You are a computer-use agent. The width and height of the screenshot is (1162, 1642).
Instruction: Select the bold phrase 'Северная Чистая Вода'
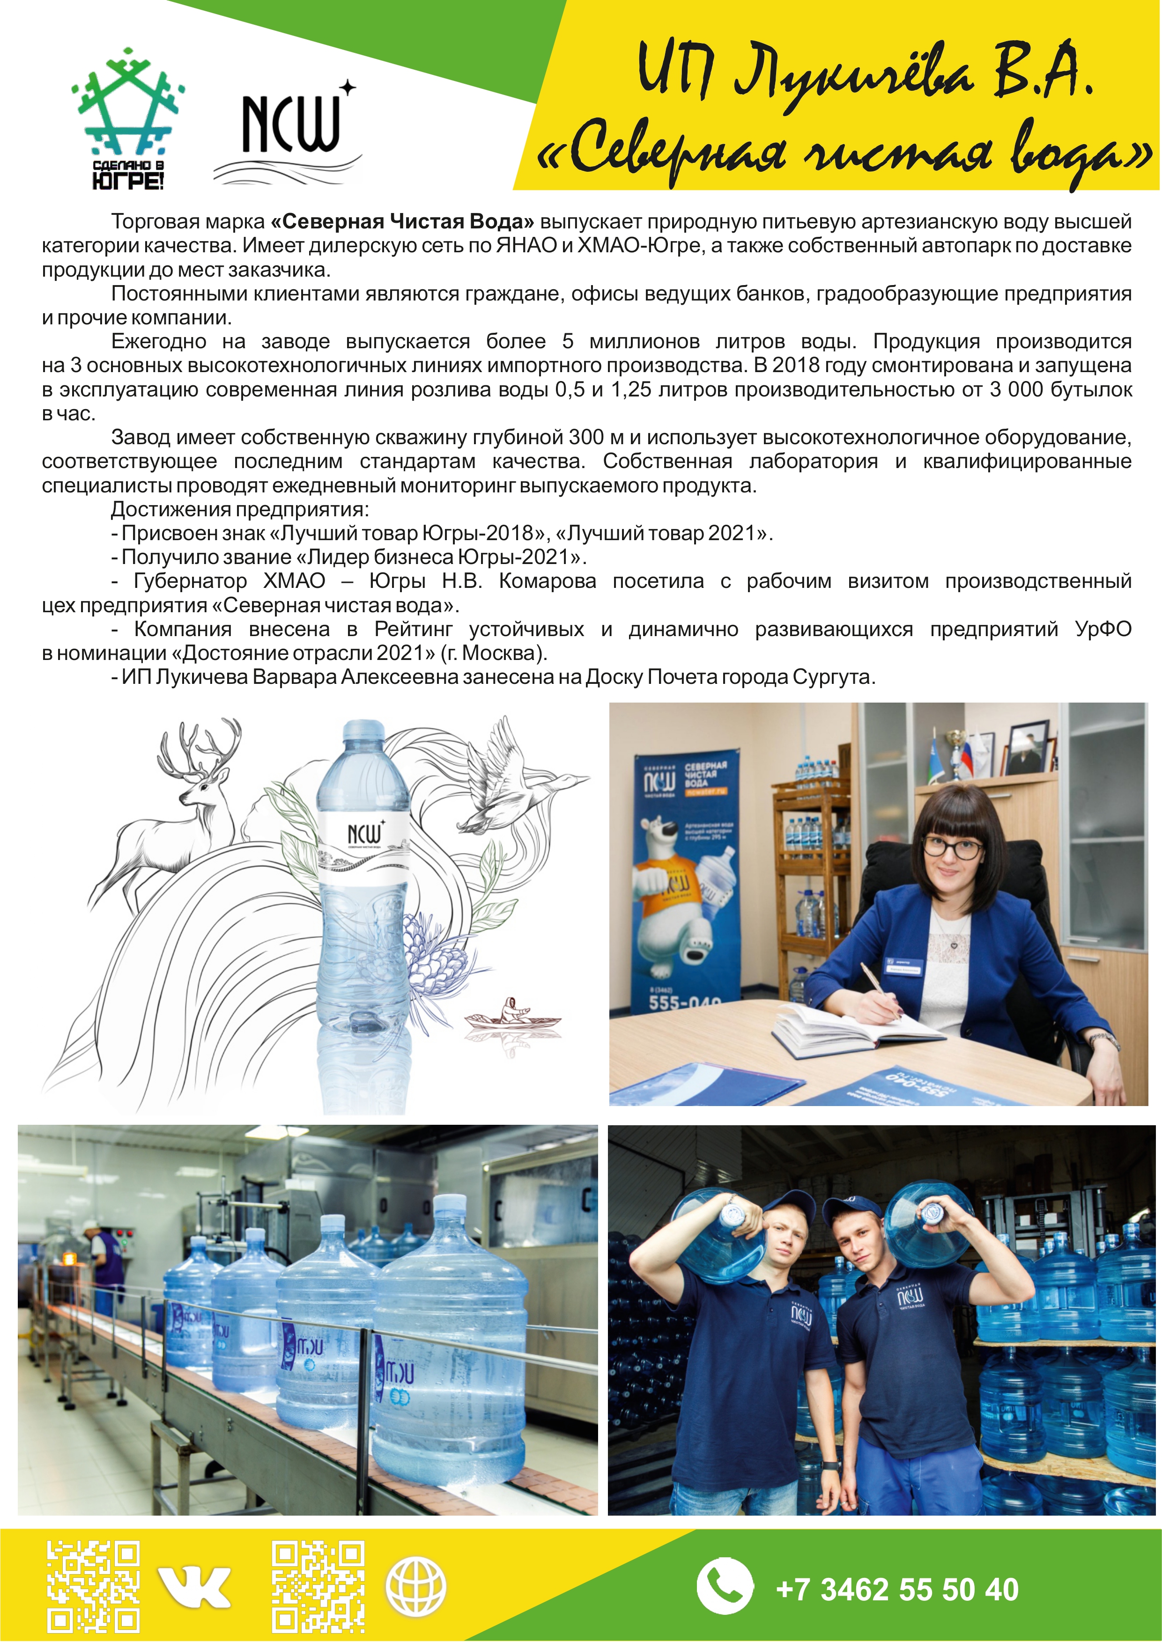point(402,222)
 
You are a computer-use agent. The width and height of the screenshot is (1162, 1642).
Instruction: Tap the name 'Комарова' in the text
point(548,581)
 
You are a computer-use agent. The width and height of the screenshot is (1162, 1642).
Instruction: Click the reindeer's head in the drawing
point(207,783)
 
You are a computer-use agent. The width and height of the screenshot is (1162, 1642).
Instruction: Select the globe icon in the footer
point(416,1585)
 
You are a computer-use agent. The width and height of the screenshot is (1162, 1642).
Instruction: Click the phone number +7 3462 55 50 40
point(897,1589)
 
